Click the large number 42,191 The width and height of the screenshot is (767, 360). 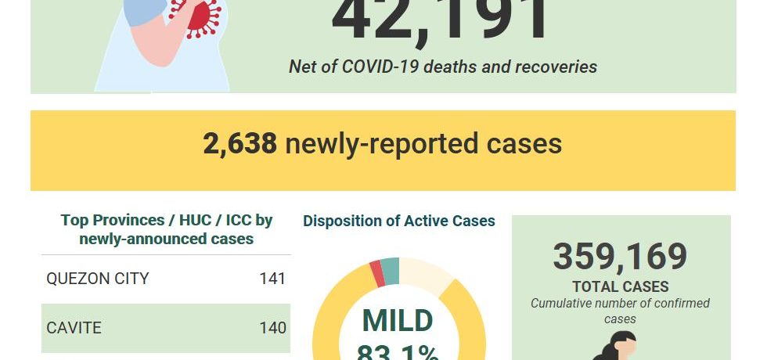click(x=441, y=19)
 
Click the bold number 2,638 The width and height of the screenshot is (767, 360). click(x=239, y=144)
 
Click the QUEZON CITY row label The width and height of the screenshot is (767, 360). click(x=97, y=279)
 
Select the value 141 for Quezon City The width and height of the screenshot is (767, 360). click(x=272, y=279)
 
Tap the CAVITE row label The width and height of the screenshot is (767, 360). click(x=74, y=327)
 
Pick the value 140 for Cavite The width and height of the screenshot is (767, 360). click(x=272, y=327)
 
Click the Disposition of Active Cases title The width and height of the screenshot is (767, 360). click(x=399, y=221)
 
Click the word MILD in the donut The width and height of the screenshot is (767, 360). click(x=398, y=321)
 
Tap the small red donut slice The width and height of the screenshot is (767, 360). click(x=377, y=273)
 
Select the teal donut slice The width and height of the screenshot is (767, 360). click(x=390, y=270)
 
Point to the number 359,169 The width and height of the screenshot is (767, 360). click(x=620, y=257)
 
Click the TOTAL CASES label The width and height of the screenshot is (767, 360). click(x=620, y=286)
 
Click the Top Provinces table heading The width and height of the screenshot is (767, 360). click(x=166, y=229)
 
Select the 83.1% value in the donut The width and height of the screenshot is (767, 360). click(x=398, y=352)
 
